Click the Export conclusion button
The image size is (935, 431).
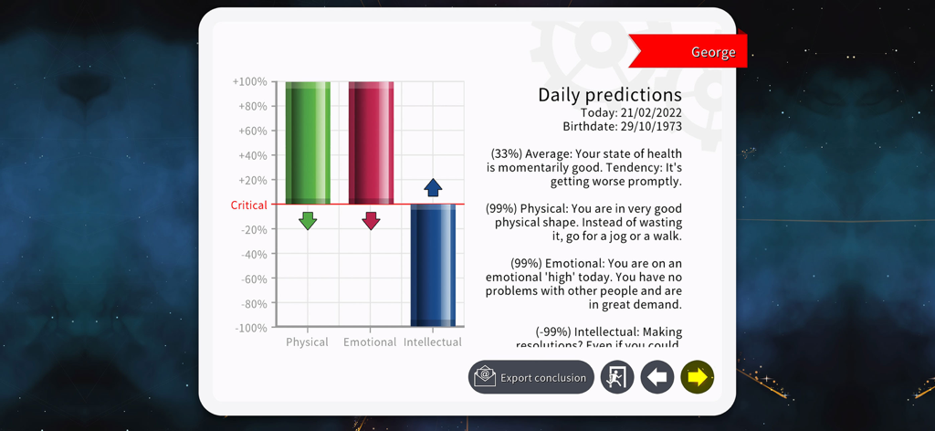click(x=531, y=377)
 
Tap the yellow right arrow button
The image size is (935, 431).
click(x=698, y=377)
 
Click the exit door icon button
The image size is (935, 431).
click(x=617, y=377)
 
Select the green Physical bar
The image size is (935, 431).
click(x=308, y=142)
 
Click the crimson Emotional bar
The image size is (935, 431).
click(x=371, y=142)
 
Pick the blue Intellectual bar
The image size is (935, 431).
click(x=433, y=265)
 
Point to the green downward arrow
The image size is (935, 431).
click(x=308, y=220)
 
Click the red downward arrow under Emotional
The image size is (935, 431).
click(x=371, y=220)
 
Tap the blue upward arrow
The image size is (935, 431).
click(x=433, y=187)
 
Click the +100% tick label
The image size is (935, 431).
click(x=249, y=82)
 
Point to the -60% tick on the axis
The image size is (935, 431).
click(x=253, y=279)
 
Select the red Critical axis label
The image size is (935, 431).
click(x=248, y=205)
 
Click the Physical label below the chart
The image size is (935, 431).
click(x=307, y=342)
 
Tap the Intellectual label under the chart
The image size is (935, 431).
click(x=433, y=342)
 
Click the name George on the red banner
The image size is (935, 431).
click(x=713, y=52)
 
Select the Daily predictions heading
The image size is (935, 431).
click(x=609, y=95)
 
